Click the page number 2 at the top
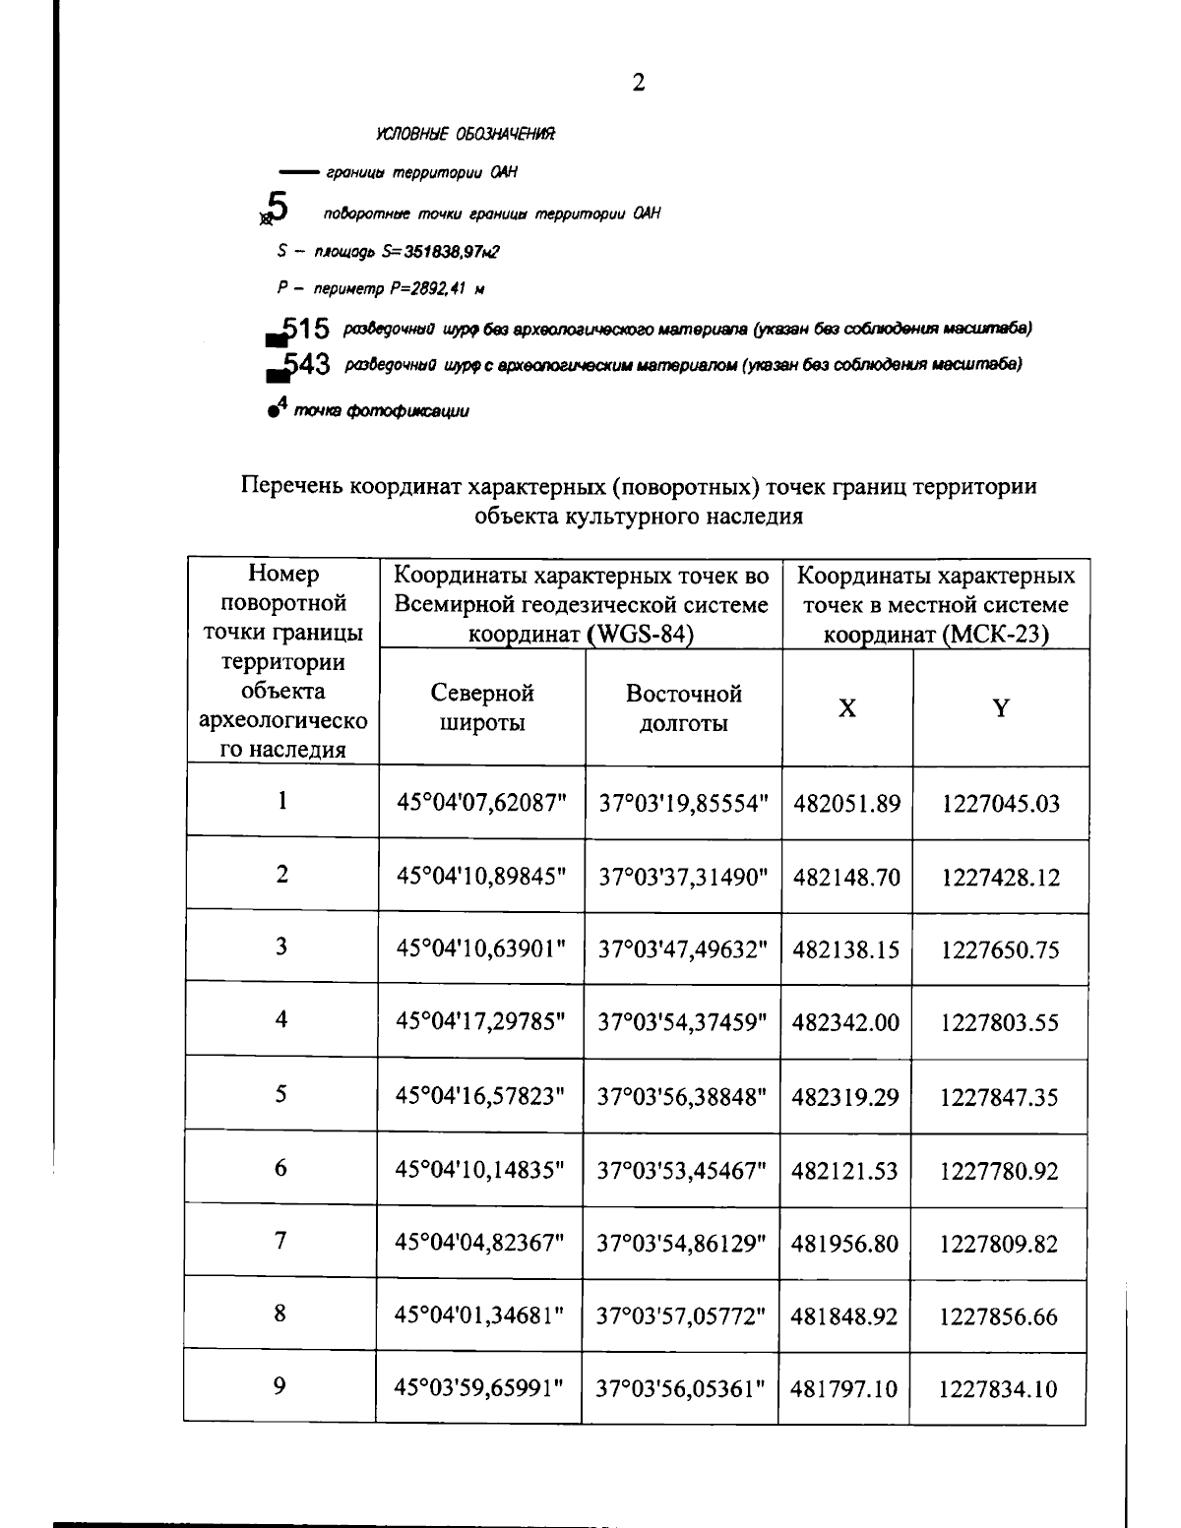[x=639, y=83]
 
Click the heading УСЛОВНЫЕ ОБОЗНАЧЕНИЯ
[x=465, y=134]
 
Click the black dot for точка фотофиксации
[x=271, y=413]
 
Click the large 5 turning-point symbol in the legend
[x=279, y=208]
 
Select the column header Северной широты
[x=481, y=707]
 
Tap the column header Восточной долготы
[x=683, y=707]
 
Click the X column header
[x=846, y=707]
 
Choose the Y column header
[x=1000, y=707]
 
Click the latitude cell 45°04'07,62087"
[x=481, y=803]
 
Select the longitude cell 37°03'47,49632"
[x=683, y=949]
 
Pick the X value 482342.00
[x=846, y=1022]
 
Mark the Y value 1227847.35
[x=1000, y=1097]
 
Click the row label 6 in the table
[x=281, y=1168]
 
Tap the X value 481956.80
[x=846, y=1244]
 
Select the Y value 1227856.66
[x=1000, y=1316]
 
